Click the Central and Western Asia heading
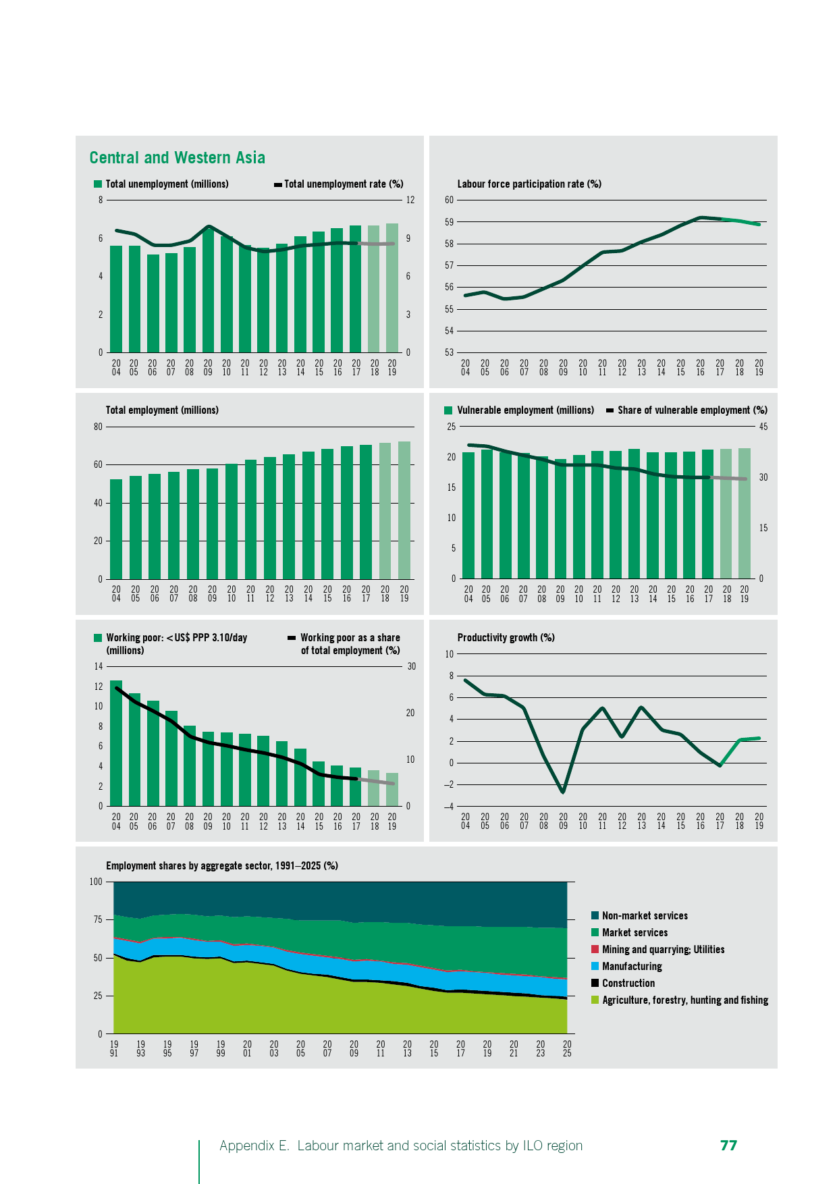(x=177, y=158)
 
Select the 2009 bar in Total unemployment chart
(x=208, y=290)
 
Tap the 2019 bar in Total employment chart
(x=404, y=510)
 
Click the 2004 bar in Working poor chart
(x=116, y=743)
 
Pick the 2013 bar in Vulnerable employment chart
(x=634, y=514)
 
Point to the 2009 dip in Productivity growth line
(x=563, y=791)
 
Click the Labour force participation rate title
(x=529, y=184)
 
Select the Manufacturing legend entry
(x=632, y=967)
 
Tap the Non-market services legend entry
(x=645, y=916)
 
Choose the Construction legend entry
(x=628, y=984)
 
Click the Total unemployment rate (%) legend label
(x=344, y=184)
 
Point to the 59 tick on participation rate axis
(x=450, y=222)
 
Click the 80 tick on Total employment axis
(x=99, y=427)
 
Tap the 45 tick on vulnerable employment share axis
(x=763, y=427)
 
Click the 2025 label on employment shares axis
(x=567, y=1049)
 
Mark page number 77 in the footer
(x=728, y=1146)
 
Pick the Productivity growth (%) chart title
(x=506, y=638)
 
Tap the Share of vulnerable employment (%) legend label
(x=692, y=410)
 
